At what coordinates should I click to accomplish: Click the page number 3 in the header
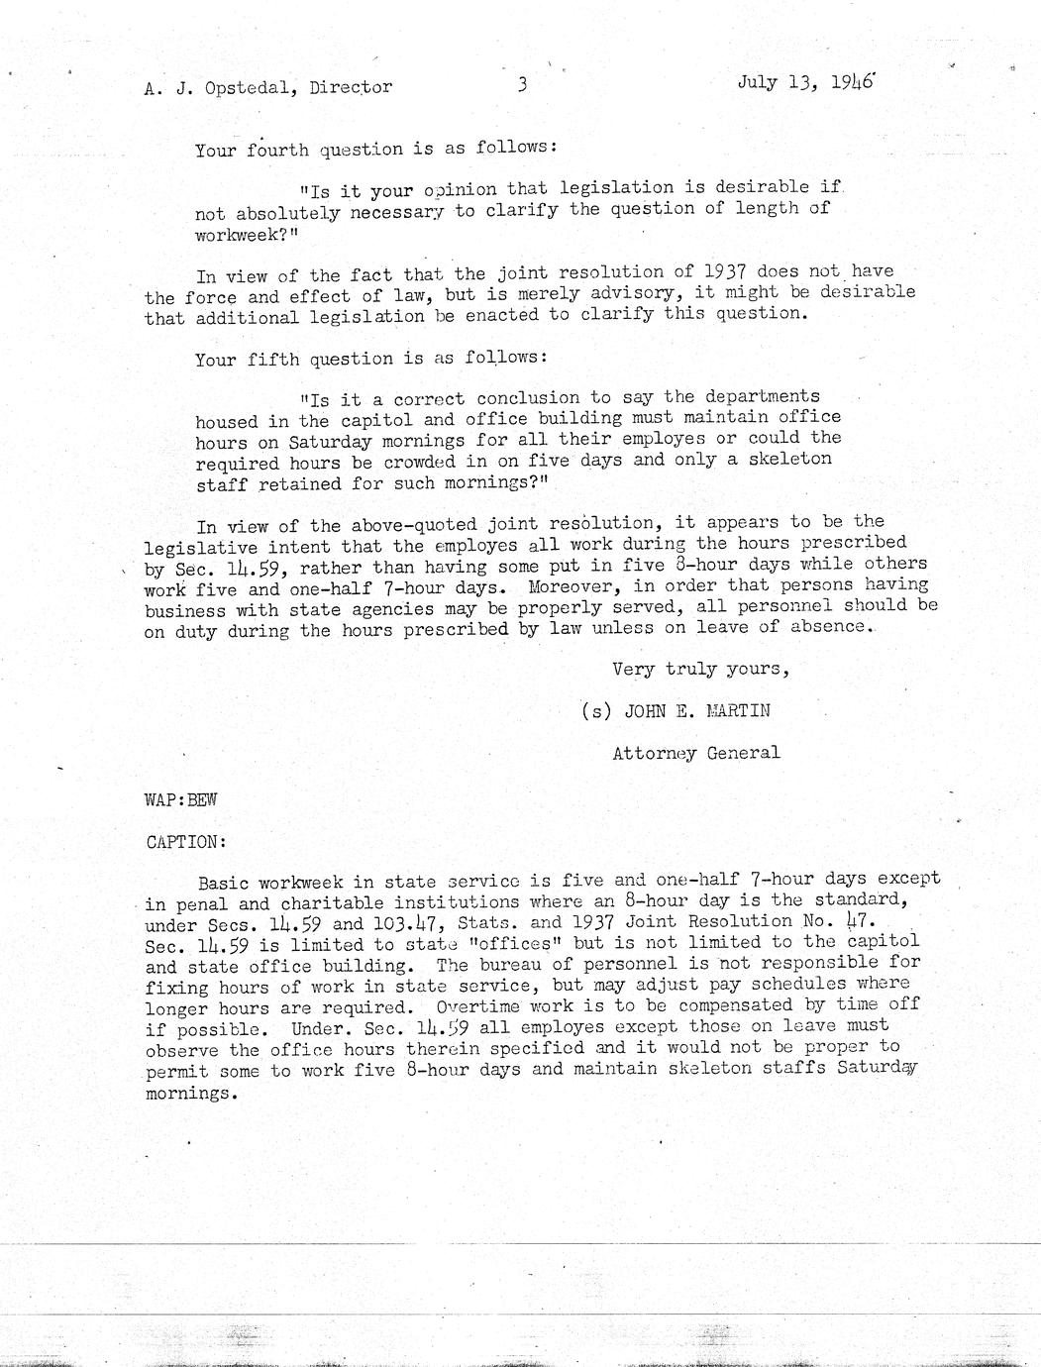pyautogui.click(x=522, y=85)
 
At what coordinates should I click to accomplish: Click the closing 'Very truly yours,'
pyautogui.click(x=700, y=669)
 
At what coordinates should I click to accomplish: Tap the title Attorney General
pyautogui.click(x=695, y=753)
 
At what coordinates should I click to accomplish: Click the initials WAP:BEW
pyautogui.click(x=180, y=799)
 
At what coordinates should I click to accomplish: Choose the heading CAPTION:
pyautogui.click(x=186, y=842)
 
